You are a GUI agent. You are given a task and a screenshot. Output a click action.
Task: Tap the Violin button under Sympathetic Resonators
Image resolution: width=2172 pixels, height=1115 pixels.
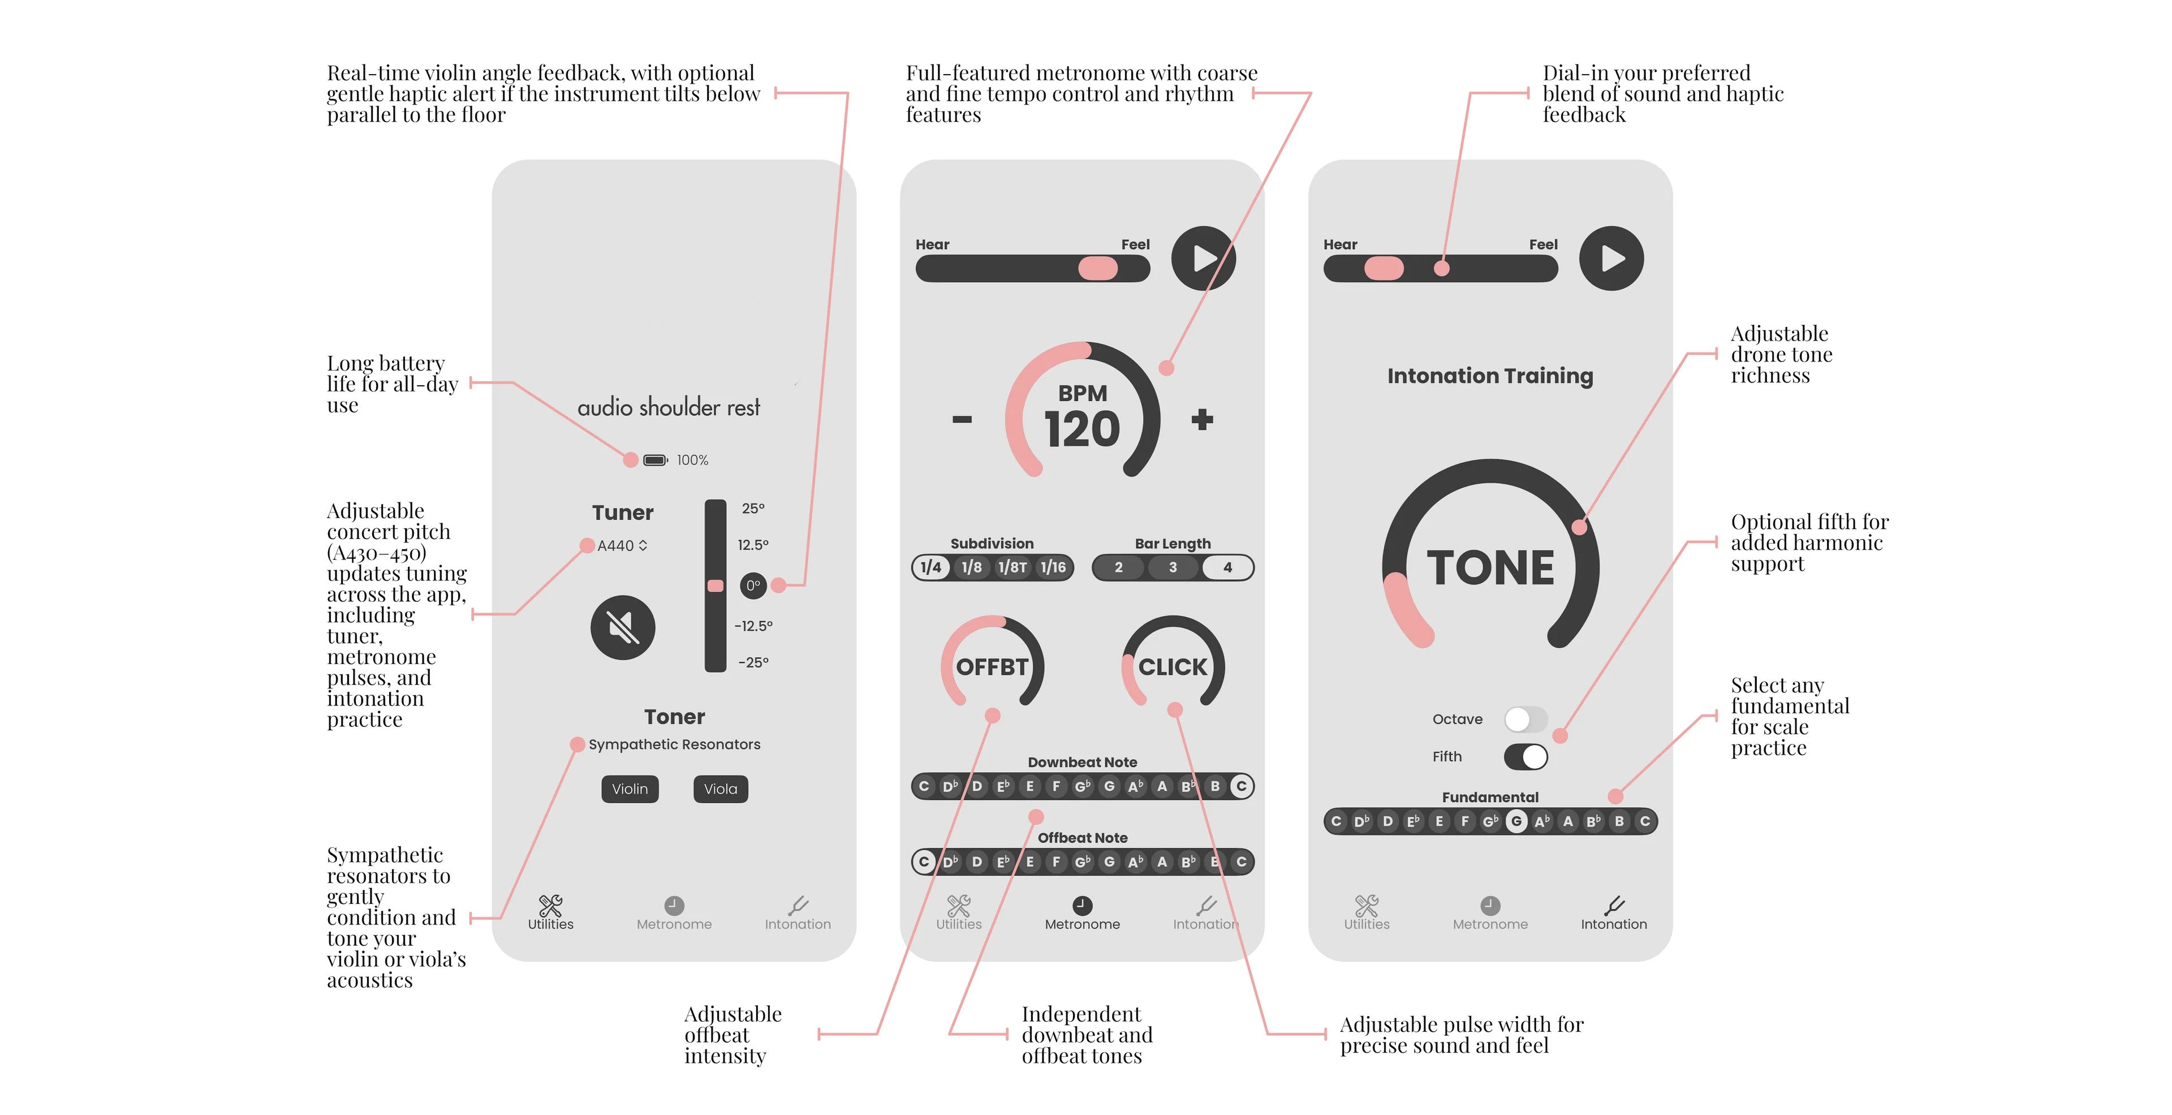(x=630, y=789)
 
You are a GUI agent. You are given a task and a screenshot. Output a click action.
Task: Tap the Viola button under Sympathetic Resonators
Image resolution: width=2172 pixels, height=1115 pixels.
(x=720, y=789)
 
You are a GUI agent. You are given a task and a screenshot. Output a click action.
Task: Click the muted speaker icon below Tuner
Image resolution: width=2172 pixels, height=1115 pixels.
(x=623, y=627)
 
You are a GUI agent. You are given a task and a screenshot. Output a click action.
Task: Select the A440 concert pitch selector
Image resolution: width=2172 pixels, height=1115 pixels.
(x=622, y=546)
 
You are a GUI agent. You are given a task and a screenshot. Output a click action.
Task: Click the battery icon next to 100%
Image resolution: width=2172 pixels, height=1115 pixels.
(x=655, y=460)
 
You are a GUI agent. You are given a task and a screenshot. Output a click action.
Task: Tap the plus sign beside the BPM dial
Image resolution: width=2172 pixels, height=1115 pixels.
(x=1203, y=419)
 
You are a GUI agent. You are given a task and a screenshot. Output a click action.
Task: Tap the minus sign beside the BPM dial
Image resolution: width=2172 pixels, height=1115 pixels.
(x=962, y=419)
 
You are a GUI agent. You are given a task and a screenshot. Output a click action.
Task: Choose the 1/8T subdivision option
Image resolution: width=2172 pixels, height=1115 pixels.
(x=1012, y=567)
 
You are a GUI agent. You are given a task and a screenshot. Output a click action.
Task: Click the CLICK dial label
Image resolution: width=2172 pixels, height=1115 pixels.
(x=1173, y=667)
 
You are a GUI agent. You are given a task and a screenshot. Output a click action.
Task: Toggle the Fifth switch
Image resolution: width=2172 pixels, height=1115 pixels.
(x=1525, y=756)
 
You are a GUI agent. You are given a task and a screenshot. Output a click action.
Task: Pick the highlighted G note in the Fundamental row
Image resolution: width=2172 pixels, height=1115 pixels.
(x=1516, y=821)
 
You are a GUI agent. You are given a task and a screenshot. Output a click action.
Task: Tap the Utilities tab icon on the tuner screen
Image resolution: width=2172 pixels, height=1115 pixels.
(x=550, y=905)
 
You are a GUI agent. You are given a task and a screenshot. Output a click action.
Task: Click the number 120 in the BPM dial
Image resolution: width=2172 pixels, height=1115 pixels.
(x=1082, y=429)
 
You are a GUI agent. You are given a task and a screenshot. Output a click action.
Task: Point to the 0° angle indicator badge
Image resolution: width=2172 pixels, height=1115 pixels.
(x=753, y=586)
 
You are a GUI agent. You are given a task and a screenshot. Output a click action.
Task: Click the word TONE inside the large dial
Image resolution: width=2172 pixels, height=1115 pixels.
(x=1490, y=567)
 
